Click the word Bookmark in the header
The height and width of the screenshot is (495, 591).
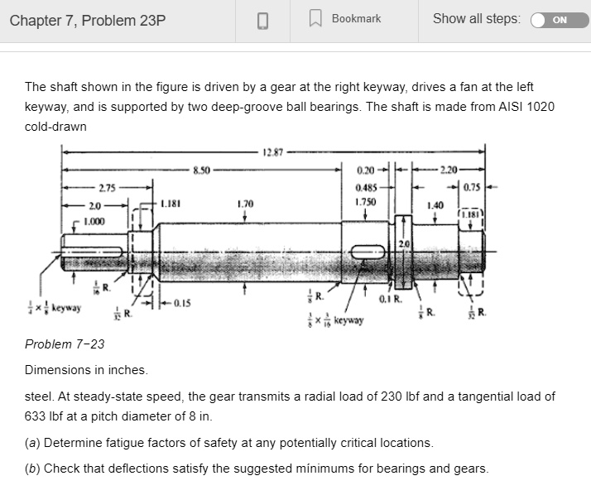(x=356, y=18)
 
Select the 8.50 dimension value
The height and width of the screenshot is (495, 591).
(x=202, y=171)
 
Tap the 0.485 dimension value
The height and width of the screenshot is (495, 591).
(x=364, y=187)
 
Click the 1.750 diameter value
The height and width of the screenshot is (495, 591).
(x=364, y=201)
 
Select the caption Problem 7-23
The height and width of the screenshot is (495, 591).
(x=65, y=344)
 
